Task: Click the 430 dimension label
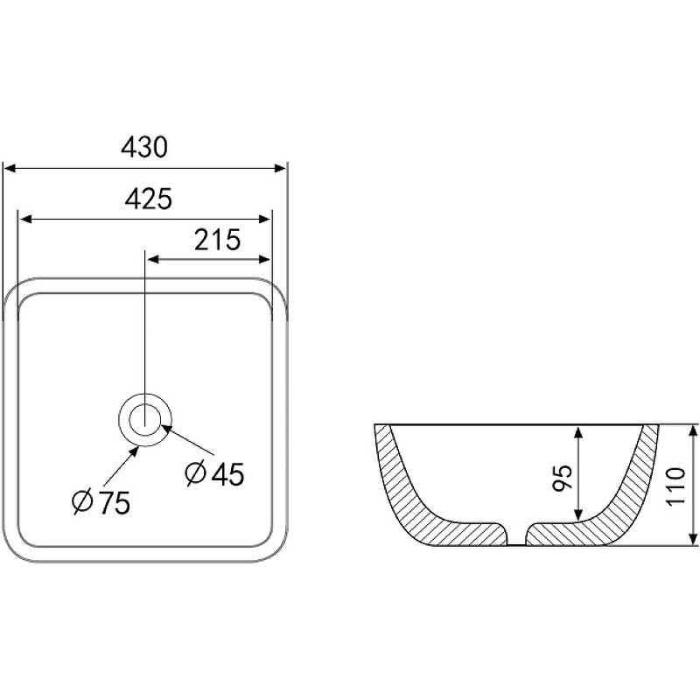[144, 147]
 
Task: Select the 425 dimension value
[148, 199]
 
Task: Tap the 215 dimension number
[217, 239]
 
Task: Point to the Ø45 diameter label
[214, 473]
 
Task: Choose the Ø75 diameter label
[101, 502]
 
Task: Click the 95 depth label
[562, 478]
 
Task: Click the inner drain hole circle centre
[145, 420]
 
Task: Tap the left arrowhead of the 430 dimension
[10, 168]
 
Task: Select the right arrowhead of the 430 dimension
[279, 168]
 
